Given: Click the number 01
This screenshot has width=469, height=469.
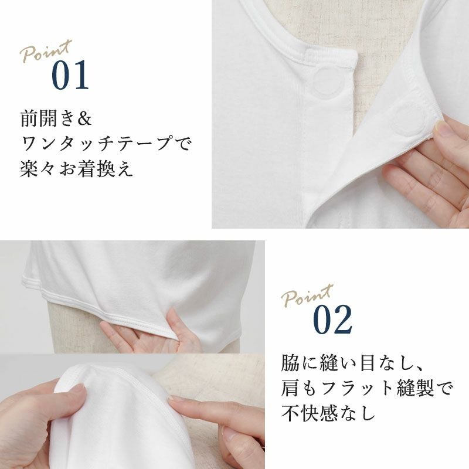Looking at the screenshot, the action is coord(70,75).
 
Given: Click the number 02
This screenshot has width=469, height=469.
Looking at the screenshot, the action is coord(332,320).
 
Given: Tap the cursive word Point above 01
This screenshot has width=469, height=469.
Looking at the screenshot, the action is coord(46,51).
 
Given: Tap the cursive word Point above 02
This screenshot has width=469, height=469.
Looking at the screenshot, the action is coord(307,296).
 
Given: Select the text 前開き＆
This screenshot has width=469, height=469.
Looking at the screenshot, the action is coord(56,119).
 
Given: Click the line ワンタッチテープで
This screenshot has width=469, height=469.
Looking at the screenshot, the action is coord(106,143).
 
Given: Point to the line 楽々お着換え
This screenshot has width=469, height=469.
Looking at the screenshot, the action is coord(76,168).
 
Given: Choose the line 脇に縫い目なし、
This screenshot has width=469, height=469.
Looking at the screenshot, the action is coord(352,363).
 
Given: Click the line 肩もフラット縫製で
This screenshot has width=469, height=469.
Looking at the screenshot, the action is coord(368,388).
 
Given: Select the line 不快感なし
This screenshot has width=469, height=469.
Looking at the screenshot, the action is coord(328,413).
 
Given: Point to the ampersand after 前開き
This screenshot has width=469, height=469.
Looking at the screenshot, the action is coord(84,119).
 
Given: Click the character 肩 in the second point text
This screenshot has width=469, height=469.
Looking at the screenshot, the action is coord(290,388).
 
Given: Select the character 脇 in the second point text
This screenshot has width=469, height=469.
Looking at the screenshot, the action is coord(290,363).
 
